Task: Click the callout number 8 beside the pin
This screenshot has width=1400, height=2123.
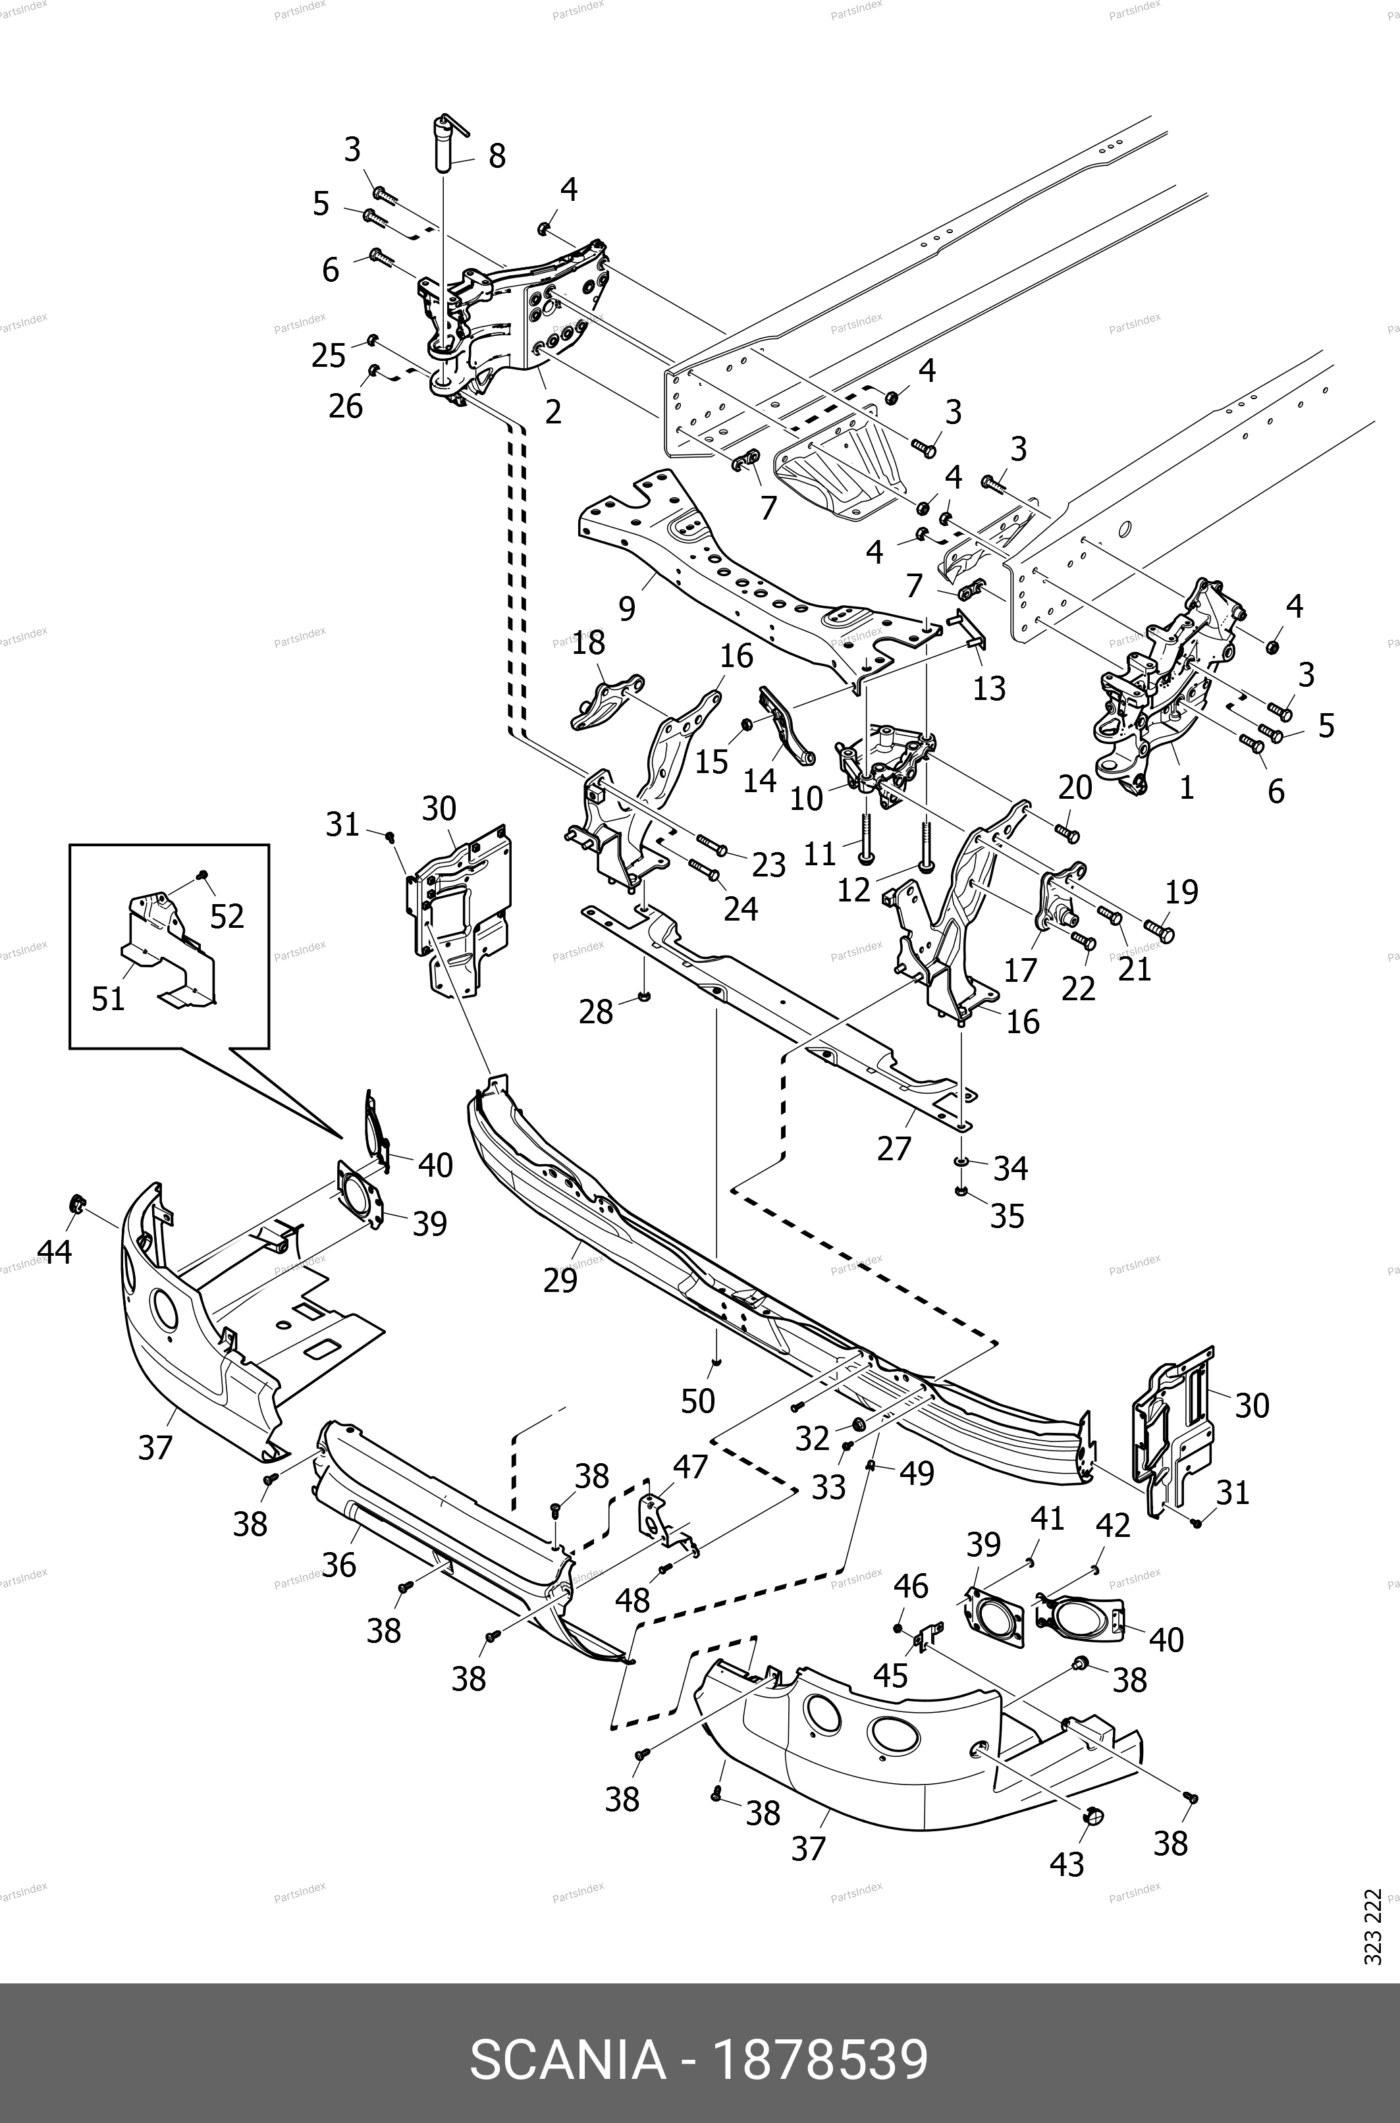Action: coord(497,156)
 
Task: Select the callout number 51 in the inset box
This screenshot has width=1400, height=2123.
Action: coord(108,998)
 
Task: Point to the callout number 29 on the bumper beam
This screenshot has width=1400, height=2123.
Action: coord(560,1280)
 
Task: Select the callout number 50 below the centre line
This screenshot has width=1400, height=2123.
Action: coord(697,1401)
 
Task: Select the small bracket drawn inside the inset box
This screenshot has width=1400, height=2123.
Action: coord(170,946)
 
